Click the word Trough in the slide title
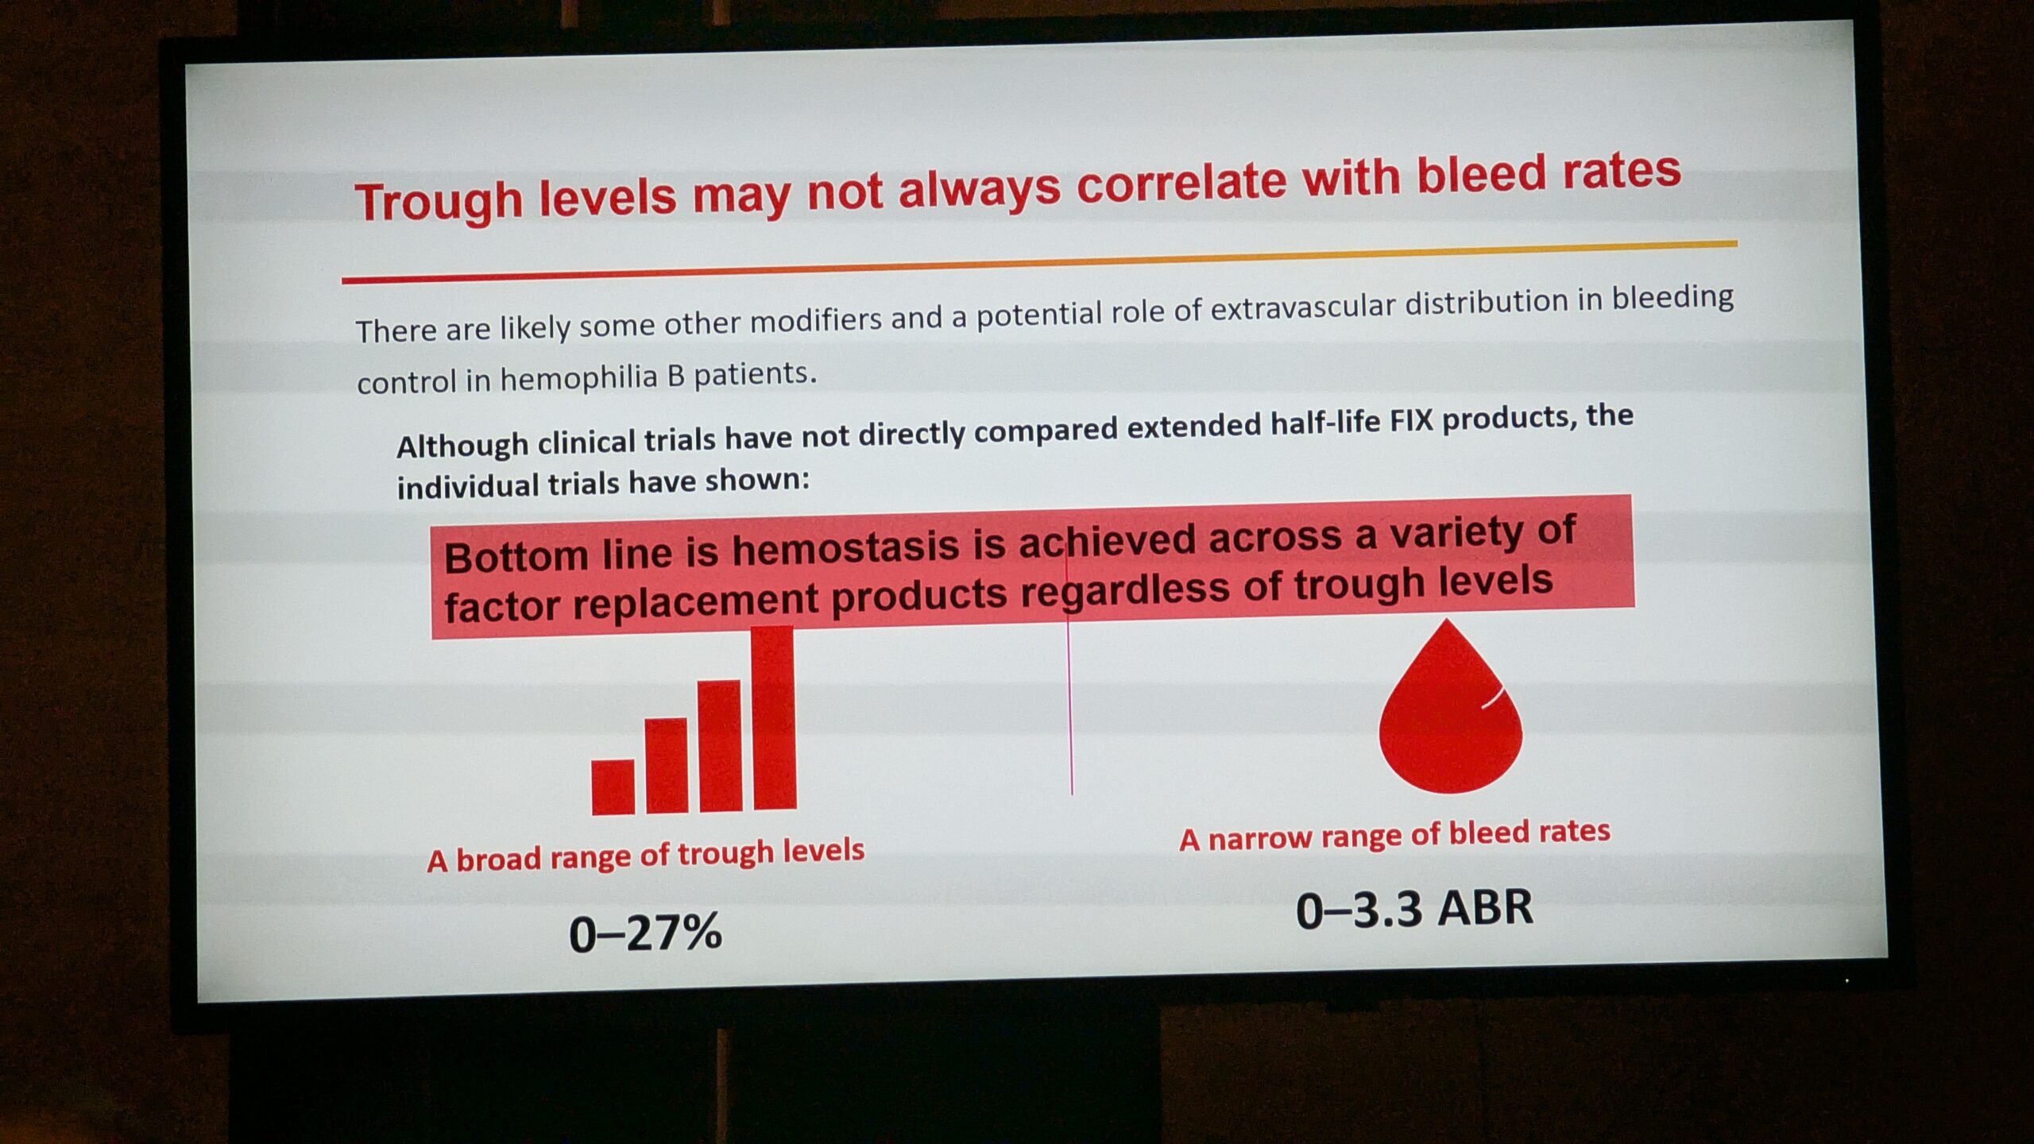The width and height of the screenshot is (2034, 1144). (439, 202)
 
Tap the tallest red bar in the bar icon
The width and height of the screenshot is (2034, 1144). (773, 718)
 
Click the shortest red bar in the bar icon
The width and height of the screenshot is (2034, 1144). (613, 787)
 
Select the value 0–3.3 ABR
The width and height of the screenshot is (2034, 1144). (1414, 908)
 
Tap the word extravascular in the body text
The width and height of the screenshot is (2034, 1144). (1303, 307)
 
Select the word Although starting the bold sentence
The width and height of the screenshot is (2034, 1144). (462, 445)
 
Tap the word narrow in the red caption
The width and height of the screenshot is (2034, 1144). (1260, 837)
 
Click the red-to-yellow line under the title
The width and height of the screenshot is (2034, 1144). (1039, 261)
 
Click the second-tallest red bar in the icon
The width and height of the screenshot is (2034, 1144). (720, 746)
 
